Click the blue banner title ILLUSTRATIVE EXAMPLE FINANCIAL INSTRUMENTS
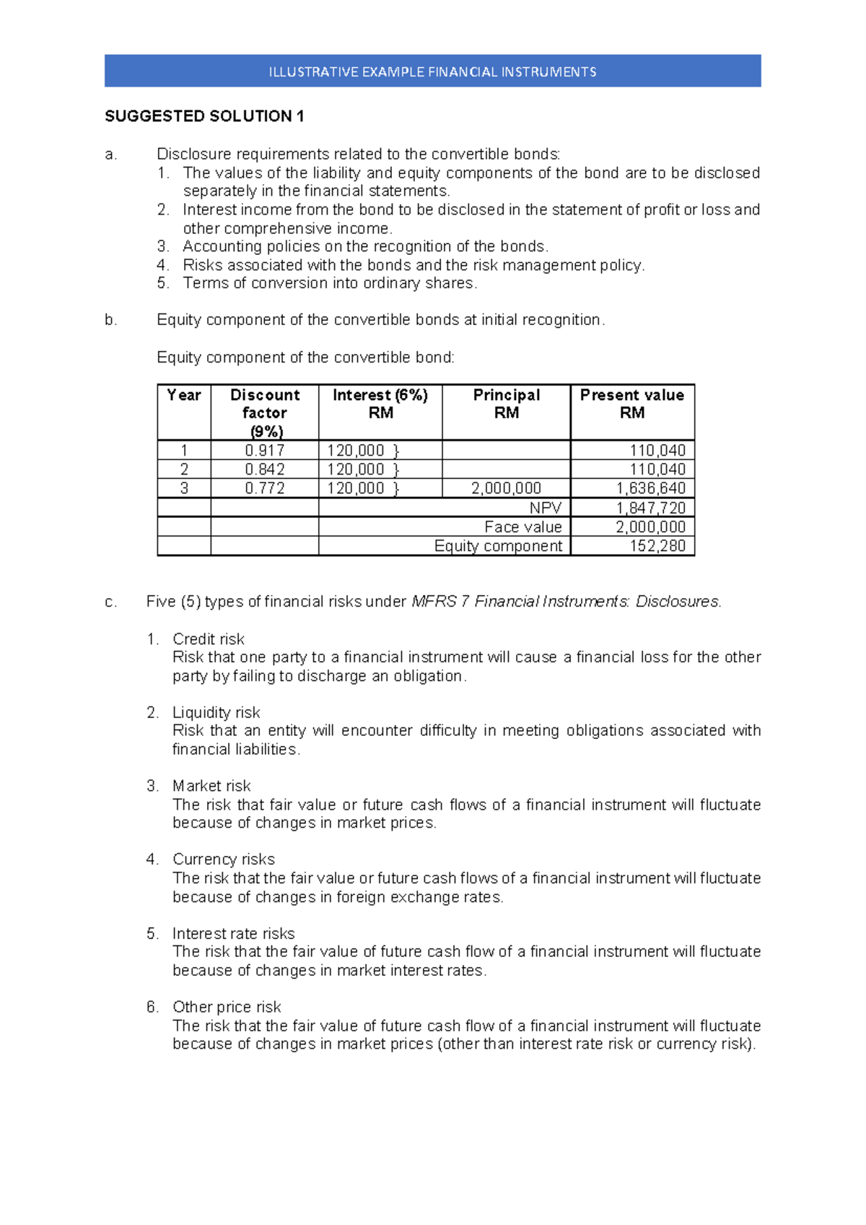432,72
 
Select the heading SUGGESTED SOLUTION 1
204,116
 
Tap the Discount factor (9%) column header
264,412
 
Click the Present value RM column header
631,404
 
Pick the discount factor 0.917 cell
264,451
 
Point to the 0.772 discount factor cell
264,488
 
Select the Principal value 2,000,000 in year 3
506,488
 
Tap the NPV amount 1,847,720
650,508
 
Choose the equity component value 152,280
657,546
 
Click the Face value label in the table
522,527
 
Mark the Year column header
183,395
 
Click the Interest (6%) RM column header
380,404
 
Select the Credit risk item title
208,639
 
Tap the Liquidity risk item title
216,713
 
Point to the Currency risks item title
223,860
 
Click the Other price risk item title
226,1007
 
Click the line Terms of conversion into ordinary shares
330,283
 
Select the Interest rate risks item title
233,933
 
